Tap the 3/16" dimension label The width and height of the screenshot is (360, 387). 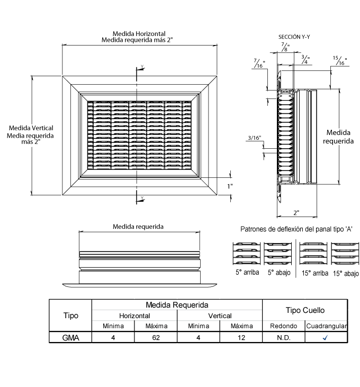click(x=254, y=139)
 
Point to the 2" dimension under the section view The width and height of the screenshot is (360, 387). click(x=296, y=212)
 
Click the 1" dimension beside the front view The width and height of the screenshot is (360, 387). click(x=230, y=186)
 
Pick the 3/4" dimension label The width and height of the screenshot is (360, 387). click(x=305, y=58)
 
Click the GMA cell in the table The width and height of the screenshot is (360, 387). click(x=70, y=337)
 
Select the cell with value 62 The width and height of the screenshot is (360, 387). click(x=156, y=337)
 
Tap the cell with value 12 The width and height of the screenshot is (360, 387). click(x=241, y=337)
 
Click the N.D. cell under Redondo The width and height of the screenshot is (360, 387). click(x=284, y=337)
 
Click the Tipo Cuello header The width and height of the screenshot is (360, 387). click(x=305, y=310)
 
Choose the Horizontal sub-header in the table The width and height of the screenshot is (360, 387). click(x=134, y=316)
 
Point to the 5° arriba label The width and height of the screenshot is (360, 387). click(x=247, y=273)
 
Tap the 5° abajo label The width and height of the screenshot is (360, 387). click(x=278, y=273)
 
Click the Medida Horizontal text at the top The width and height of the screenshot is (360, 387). click(x=139, y=34)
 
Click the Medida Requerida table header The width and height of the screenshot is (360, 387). click(x=177, y=305)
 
